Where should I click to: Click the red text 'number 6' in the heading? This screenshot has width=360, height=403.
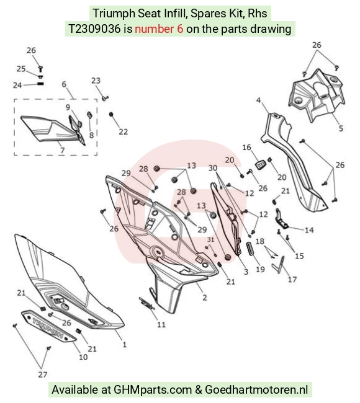159,29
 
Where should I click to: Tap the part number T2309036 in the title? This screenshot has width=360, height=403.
94,29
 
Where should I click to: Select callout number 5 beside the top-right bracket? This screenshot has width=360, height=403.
341,128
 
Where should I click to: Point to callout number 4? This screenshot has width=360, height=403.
258,100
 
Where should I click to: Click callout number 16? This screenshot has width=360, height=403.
246,148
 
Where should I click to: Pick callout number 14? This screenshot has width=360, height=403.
309,230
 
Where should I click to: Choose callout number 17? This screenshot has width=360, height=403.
292,279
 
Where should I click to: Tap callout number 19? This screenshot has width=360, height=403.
261,269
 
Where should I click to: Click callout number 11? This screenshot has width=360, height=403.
161,325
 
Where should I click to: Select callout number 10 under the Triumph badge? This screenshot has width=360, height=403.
83,357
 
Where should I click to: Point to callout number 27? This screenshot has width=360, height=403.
43,374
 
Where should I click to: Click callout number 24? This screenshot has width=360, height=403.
17,85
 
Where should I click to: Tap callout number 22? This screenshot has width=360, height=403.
124,131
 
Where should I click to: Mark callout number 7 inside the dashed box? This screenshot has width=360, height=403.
62,150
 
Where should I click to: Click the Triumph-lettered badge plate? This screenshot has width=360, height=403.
48,326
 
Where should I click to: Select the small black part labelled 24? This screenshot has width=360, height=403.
40,84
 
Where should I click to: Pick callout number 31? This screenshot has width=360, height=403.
210,239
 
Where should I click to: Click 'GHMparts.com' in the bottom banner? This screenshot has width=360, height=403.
153,389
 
